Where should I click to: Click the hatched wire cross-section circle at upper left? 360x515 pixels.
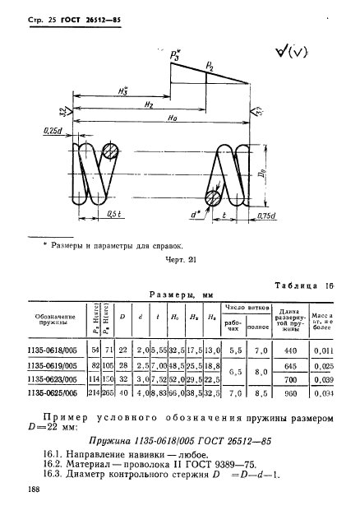pyautogui.click(x=110, y=155)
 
